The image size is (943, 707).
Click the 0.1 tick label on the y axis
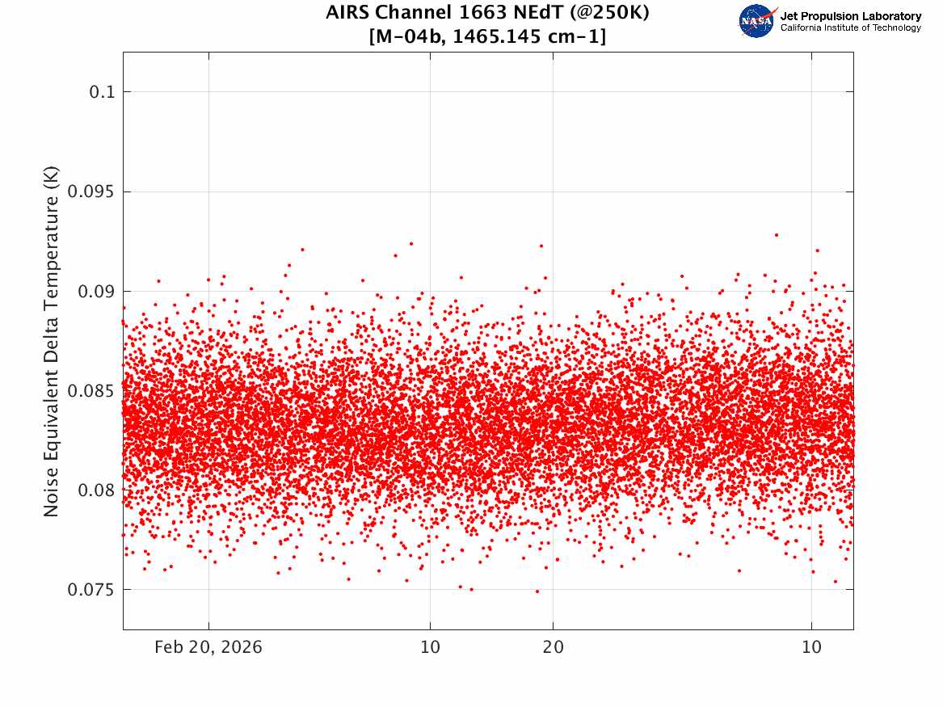(103, 92)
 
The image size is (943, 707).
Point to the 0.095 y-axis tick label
(93, 191)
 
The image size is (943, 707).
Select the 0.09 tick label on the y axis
(98, 291)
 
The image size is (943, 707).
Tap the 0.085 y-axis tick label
(93, 390)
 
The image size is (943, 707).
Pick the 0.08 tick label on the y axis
(98, 490)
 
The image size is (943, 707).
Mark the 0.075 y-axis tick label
(93, 589)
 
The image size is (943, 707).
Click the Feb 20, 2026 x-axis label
(208, 647)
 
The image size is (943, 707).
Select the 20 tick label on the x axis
(553, 647)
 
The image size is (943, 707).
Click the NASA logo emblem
(758, 21)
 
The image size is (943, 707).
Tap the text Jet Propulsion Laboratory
(850, 16)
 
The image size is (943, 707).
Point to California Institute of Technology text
(850, 28)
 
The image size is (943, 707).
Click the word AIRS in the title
(347, 14)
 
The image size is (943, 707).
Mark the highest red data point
(776, 234)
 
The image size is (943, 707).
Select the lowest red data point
(537, 591)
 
